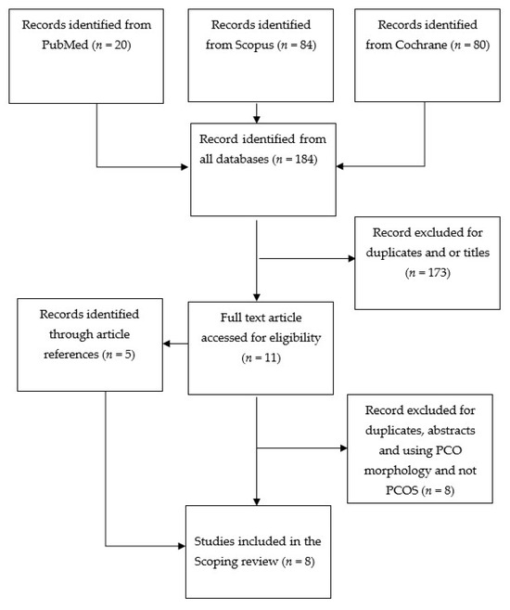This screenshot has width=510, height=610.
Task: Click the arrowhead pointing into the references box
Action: [x=168, y=344]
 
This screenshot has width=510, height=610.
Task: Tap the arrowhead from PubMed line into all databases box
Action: [x=185, y=168]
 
